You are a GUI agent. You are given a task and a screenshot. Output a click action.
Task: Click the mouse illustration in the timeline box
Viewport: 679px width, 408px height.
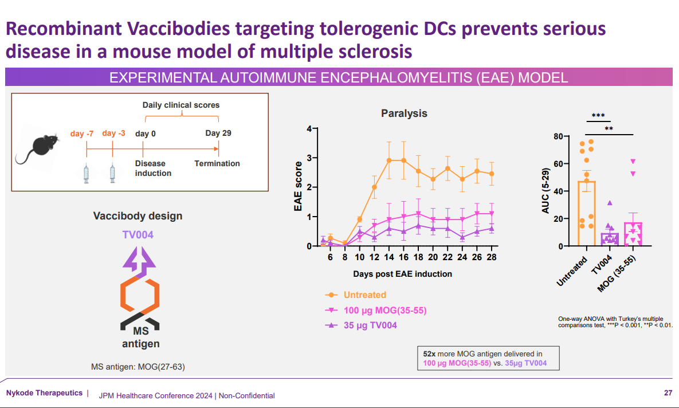click(x=38, y=150)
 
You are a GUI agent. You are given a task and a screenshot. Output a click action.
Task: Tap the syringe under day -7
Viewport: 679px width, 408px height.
click(x=86, y=173)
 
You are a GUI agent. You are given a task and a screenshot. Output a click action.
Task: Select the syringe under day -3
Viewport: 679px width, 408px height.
click(x=112, y=173)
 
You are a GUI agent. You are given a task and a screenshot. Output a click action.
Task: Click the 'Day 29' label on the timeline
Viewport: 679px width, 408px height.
click(x=218, y=133)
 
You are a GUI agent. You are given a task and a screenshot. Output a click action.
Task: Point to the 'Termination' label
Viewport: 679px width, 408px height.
click(x=217, y=163)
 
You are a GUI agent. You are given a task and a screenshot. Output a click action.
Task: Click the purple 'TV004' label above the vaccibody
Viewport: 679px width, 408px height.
click(x=138, y=235)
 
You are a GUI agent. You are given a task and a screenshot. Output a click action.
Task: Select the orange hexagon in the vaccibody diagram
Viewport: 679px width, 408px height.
click(x=140, y=295)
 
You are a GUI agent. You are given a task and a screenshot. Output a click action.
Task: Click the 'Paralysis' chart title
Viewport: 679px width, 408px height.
click(x=404, y=113)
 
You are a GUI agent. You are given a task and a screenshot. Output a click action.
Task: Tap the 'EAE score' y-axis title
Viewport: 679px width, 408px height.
click(x=298, y=186)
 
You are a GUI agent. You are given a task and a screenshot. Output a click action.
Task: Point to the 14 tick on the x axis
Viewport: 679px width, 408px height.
click(x=389, y=257)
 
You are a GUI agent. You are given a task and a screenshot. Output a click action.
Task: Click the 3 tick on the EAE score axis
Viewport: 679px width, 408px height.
click(x=309, y=158)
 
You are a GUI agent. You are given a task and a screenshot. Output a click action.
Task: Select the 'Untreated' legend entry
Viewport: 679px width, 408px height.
click(x=355, y=295)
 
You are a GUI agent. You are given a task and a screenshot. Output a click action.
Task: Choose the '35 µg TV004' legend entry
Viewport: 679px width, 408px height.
click(x=361, y=325)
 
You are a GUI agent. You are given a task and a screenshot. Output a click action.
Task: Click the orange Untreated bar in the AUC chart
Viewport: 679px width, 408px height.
click(x=587, y=214)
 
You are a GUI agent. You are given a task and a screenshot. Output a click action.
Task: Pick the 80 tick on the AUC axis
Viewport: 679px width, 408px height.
click(x=558, y=136)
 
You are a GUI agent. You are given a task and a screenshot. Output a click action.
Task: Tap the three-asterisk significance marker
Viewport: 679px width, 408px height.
click(x=598, y=116)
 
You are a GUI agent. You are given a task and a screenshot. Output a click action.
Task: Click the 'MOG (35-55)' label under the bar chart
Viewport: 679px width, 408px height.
click(x=616, y=274)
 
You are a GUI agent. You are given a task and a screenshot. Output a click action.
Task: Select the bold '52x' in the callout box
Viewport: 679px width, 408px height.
click(x=430, y=354)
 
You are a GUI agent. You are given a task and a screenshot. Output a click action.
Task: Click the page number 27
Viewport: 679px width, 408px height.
click(x=668, y=393)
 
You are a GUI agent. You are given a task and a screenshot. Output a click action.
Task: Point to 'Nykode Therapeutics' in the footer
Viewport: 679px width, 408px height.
click(x=44, y=393)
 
